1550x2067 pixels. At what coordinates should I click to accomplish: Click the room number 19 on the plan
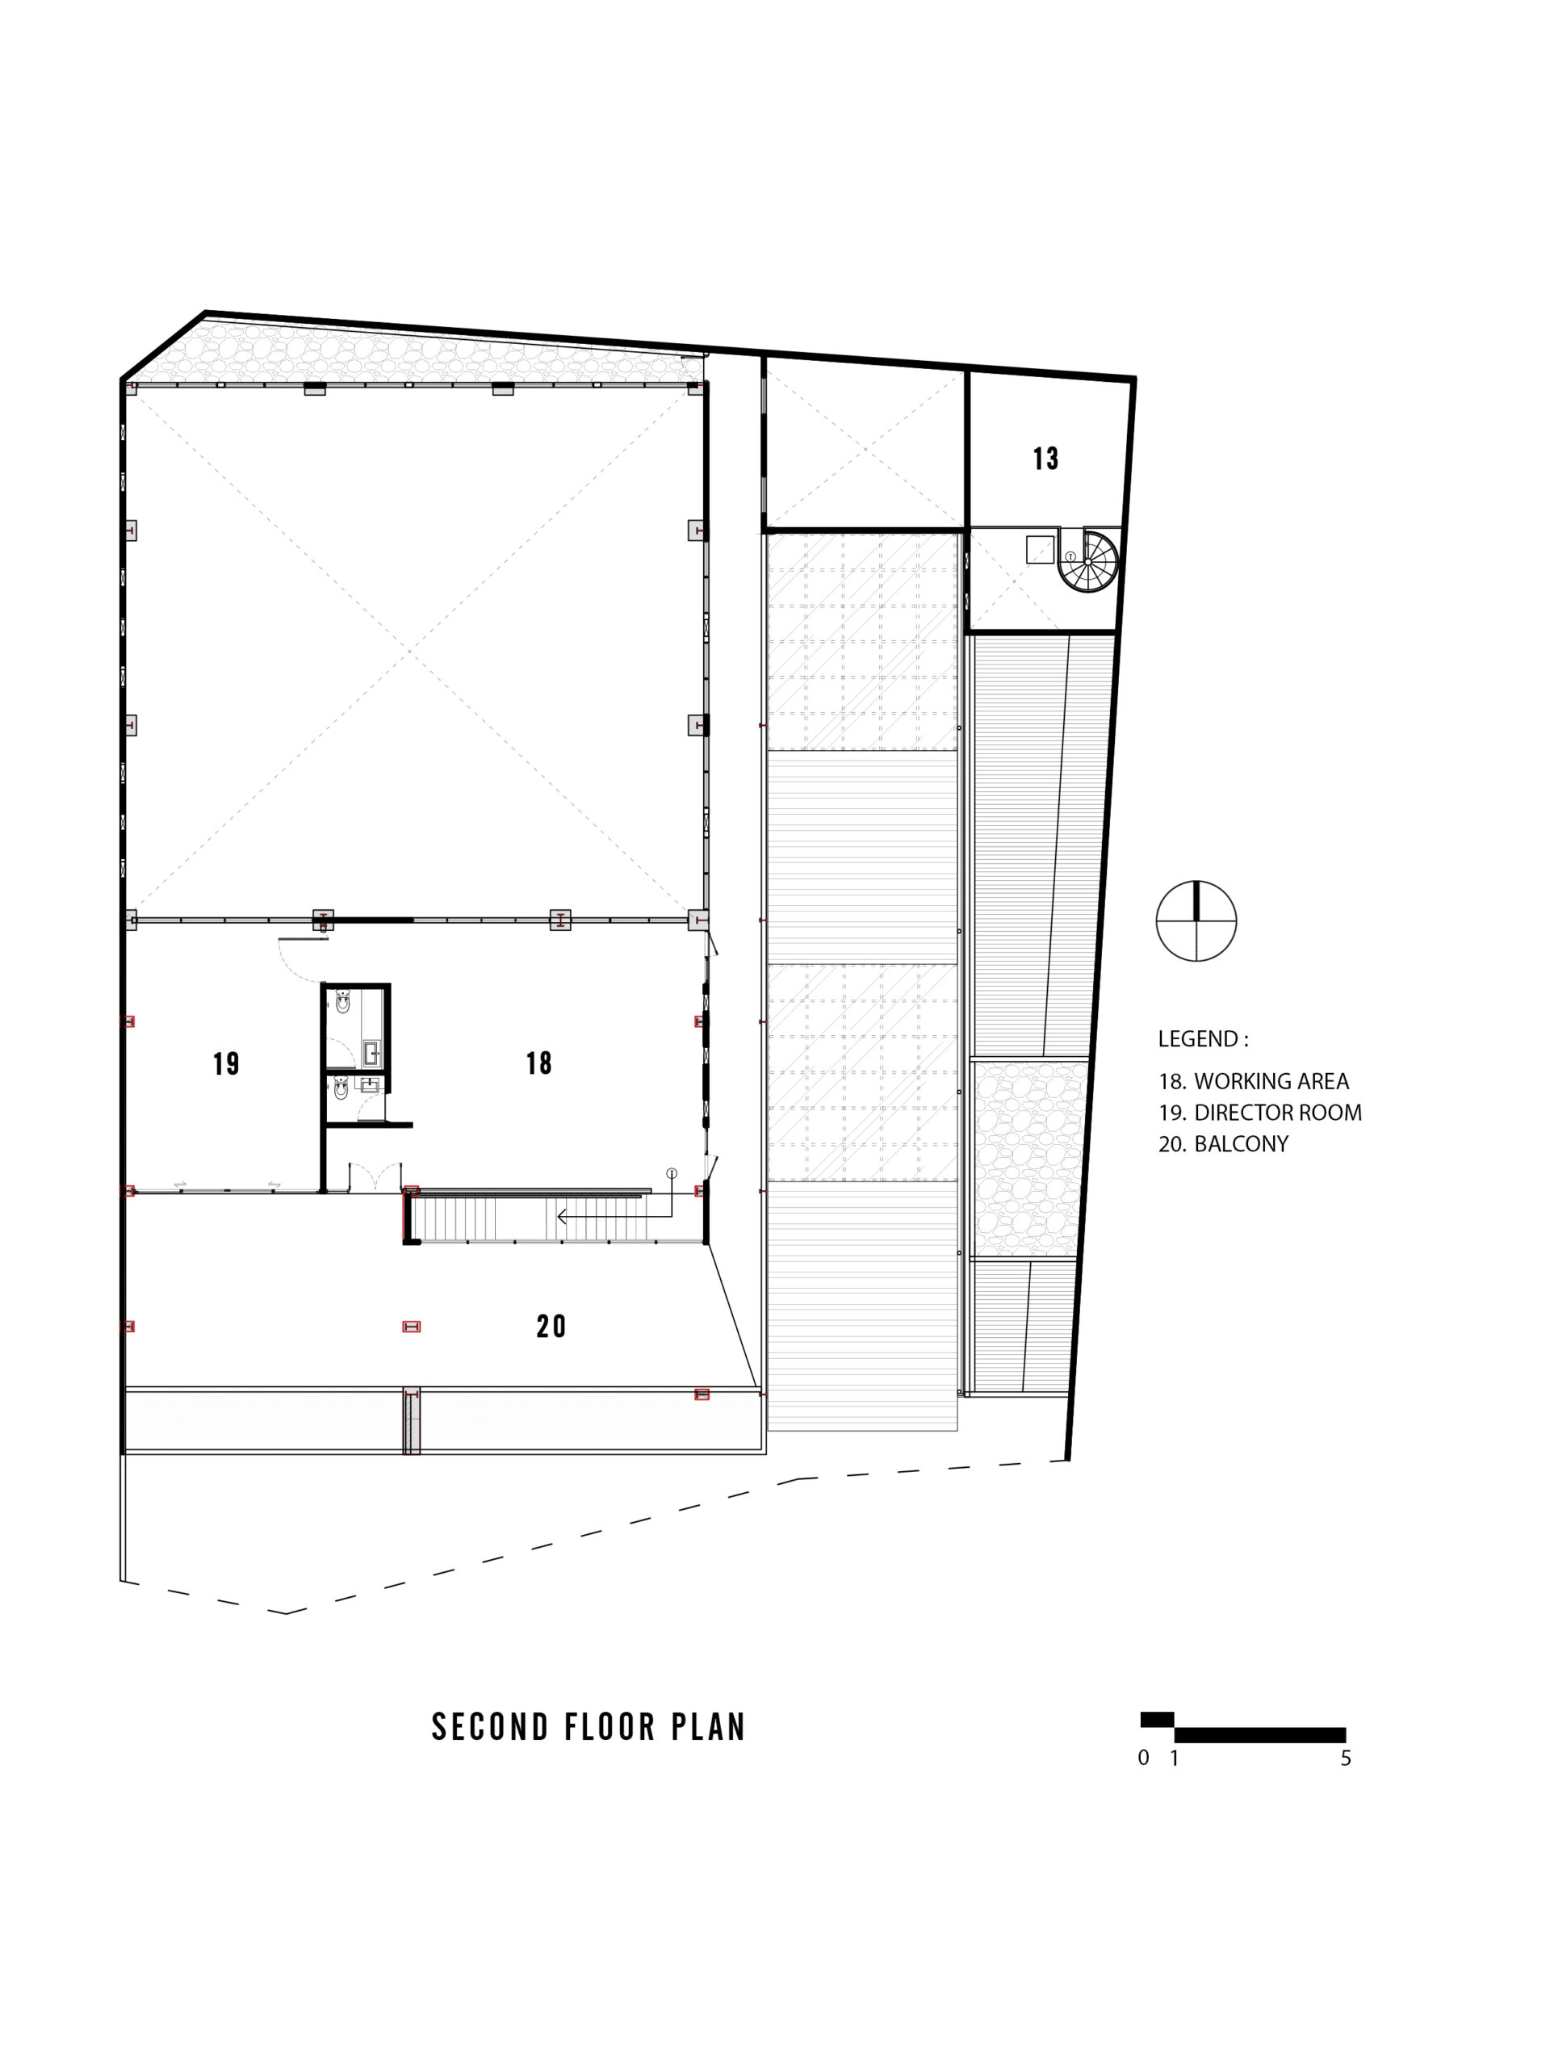pos(226,1063)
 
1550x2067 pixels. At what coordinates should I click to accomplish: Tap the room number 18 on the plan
pos(538,1063)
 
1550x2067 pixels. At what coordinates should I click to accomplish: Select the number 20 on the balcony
pos(551,1326)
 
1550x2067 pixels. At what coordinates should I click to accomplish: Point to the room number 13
pos(1045,459)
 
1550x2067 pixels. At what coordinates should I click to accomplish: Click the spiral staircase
pos(1087,562)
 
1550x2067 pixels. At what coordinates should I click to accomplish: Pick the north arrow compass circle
pos(1196,920)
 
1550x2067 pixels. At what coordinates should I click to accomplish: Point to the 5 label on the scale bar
pos(1347,1758)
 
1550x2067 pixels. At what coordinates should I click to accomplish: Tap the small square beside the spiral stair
pos(1040,550)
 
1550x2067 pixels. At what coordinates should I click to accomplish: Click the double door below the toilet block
pos(375,1176)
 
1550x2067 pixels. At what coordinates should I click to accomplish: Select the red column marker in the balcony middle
pos(411,1326)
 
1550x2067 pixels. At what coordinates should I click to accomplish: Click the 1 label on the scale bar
pos(1175,1758)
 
